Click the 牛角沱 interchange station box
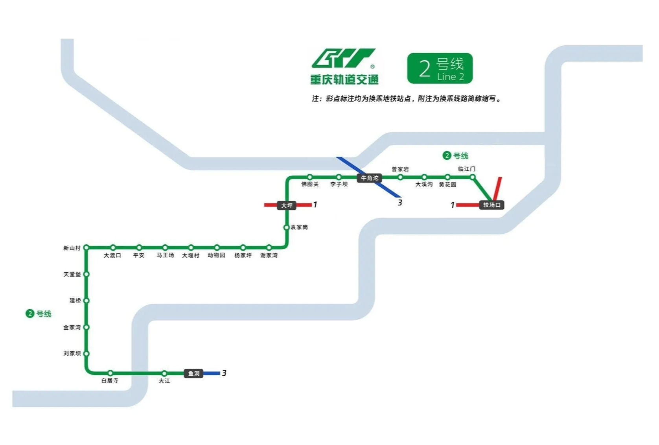(x=370, y=178)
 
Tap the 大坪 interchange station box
(x=287, y=205)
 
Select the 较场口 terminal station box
(x=491, y=205)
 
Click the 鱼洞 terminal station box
(x=193, y=373)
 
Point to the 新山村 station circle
(x=86, y=248)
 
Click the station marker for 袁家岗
(x=286, y=227)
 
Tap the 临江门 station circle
(x=473, y=177)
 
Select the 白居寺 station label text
(x=110, y=380)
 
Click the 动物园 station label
(x=217, y=255)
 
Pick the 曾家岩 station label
(x=400, y=169)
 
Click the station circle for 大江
(x=164, y=373)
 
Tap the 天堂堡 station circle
(x=86, y=274)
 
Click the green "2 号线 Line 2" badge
(x=440, y=68)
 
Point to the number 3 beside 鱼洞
(x=224, y=373)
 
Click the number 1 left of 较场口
(x=453, y=205)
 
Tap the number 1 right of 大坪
(x=315, y=205)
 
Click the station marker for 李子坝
(x=339, y=177)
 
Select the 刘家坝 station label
(x=72, y=353)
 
